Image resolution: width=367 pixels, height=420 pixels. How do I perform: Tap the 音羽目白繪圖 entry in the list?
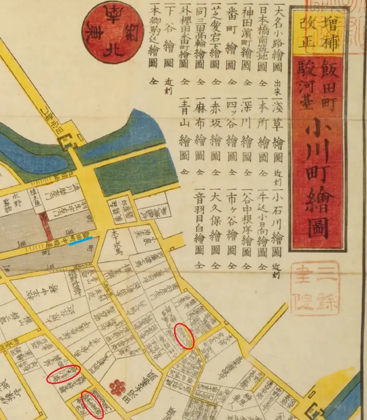199,228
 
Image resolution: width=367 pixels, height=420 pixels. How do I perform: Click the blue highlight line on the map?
80,241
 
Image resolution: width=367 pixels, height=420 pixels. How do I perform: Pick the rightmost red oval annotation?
184,336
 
